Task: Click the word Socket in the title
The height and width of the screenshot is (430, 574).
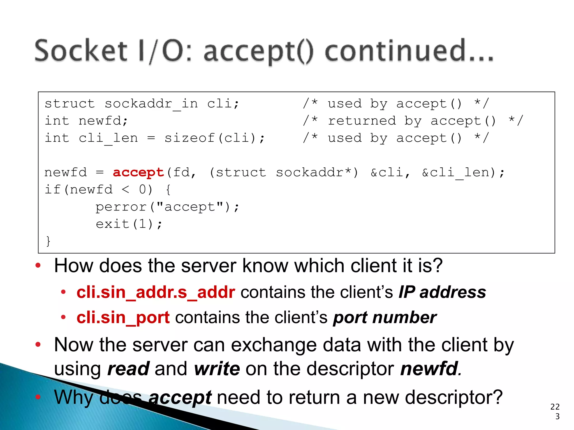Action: [x=81, y=51]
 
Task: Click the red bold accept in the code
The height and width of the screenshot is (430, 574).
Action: [x=138, y=172]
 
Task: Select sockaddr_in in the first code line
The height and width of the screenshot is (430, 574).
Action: [x=151, y=104]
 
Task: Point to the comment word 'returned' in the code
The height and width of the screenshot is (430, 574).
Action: [x=362, y=121]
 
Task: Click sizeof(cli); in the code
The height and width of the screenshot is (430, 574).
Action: [x=214, y=138]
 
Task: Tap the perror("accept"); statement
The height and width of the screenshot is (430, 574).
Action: [x=167, y=207]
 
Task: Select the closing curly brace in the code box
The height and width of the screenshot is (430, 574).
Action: [x=48, y=241]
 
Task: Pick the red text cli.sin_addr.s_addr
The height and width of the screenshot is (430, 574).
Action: [x=156, y=292]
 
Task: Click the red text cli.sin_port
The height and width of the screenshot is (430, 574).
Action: [x=123, y=317]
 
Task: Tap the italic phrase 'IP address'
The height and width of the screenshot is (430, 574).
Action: [x=442, y=292]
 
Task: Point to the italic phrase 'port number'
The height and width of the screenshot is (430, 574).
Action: [x=385, y=317]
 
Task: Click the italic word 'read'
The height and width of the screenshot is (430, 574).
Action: [x=128, y=368]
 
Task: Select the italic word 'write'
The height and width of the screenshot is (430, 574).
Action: [x=217, y=368]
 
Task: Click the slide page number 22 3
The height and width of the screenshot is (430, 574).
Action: [x=555, y=411]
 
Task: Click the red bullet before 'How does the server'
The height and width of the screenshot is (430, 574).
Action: [x=38, y=265]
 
